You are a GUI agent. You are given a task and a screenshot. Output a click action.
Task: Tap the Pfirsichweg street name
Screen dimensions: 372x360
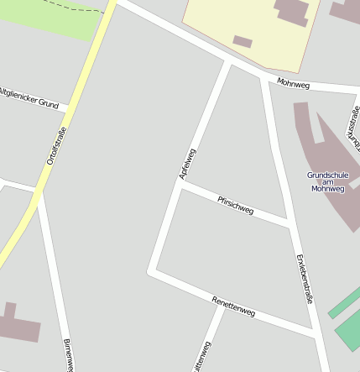coord(235,205)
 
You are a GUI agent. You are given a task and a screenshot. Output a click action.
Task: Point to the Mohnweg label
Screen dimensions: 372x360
coord(293,84)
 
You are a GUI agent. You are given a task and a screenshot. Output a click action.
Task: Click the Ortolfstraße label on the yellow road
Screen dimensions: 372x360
coord(56,144)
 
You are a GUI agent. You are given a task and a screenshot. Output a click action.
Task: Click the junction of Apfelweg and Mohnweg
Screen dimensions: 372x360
coord(228,62)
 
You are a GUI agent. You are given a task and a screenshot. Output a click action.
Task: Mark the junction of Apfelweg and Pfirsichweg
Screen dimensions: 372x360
coord(179,186)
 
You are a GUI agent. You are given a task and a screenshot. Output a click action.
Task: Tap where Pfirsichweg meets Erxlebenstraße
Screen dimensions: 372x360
coord(288,223)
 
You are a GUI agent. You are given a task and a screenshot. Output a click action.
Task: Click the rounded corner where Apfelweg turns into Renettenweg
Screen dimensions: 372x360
coord(152,270)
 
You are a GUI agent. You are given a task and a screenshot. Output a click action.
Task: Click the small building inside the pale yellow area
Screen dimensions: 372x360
coord(243,40)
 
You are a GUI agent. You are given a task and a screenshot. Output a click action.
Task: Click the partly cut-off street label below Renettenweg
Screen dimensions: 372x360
coord(204,358)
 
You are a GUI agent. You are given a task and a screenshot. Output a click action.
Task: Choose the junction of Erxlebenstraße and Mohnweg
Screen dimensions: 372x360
coord(265,78)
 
